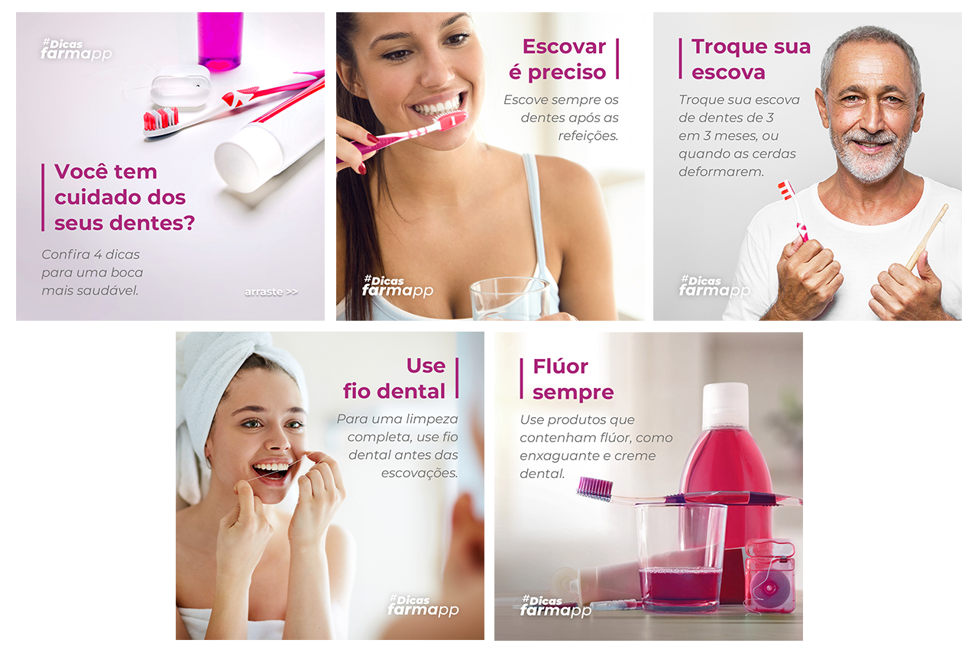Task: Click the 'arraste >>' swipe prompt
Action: (x=271, y=292)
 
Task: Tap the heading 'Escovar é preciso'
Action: (x=558, y=60)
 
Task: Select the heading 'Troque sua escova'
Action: (x=750, y=60)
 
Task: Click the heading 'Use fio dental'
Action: (x=393, y=379)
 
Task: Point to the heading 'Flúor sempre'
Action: (x=573, y=380)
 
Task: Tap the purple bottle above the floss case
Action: (x=219, y=41)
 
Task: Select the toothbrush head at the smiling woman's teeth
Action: (x=451, y=120)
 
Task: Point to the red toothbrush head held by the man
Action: (x=785, y=190)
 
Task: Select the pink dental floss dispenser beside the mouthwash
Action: (x=769, y=576)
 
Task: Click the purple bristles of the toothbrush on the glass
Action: (x=594, y=488)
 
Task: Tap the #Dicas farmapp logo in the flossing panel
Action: (x=423, y=605)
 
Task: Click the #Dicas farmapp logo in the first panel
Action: (x=76, y=49)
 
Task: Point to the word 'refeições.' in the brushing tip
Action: (x=588, y=136)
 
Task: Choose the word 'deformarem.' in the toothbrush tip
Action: (x=721, y=172)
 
